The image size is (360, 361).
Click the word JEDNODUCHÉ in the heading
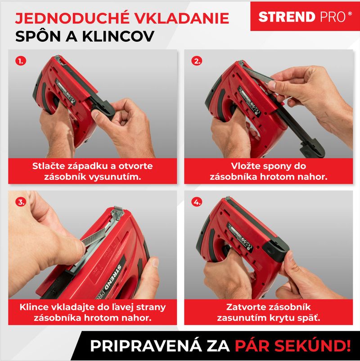pyautogui.click(x=72, y=18)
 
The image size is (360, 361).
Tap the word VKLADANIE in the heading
pyautogui.click(x=182, y=18)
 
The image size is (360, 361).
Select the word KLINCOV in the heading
pyautogui.click(x=118, y=36)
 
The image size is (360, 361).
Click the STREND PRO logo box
pyautogui.click(x=305, y=16)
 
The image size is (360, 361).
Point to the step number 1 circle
pyautogui.click(x=21, y=61)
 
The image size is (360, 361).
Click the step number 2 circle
pyautogui.click(x=197, y=61)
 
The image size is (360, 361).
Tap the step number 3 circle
pyautogui.click(x=21, y=202)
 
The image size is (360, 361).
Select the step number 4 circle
pyautogui.click(x=197, y=202)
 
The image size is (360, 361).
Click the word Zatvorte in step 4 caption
pyautogui.click(x=245, y=307)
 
